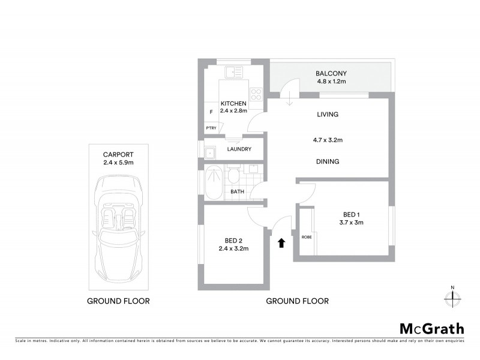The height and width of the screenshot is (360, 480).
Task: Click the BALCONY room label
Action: pos(331,74)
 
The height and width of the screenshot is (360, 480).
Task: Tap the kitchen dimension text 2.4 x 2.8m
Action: pos(233,111)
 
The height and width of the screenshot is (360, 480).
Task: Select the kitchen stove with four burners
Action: pos(256,94)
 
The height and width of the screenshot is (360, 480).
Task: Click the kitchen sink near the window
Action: pos(234,73)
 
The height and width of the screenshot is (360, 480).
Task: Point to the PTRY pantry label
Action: pos(211,128)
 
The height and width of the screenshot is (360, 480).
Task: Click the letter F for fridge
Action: pos(211,112)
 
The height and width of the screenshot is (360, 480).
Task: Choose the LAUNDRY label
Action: pos(239,149)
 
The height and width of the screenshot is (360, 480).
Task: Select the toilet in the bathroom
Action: pos(233,175)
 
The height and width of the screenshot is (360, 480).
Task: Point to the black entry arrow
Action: pos(281,242)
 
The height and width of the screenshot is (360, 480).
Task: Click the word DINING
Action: pos(327,161)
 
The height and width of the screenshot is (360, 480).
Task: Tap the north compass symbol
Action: pos(452,296)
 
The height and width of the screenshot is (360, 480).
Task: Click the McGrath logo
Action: pos(431,328)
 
